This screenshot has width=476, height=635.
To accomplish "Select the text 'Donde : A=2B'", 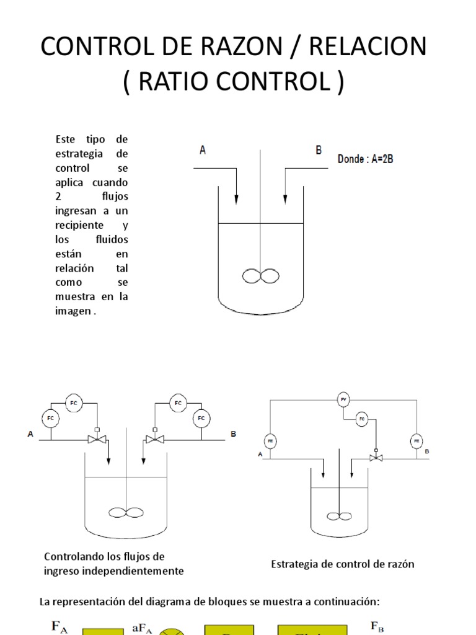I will coord(365,159).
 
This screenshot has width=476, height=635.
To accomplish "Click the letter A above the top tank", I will coord(202,149).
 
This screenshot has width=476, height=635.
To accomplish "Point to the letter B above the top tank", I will coord(319,149).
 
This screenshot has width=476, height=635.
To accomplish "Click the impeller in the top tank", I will coord(261,275).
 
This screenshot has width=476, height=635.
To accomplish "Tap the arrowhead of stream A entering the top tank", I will coord(236,199).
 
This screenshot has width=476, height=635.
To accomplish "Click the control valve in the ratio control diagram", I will coord(376,457).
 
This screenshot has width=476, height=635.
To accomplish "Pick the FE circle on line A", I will coord(270,442).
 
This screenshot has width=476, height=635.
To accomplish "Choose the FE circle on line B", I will coord(416,442).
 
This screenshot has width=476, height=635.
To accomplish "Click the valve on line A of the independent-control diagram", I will coord(97,440).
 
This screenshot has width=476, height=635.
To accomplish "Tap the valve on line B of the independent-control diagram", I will coord(154,440).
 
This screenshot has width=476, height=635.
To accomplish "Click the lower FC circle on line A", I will coord(51,419).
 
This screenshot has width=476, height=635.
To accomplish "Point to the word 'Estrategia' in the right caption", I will coord(294,564).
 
